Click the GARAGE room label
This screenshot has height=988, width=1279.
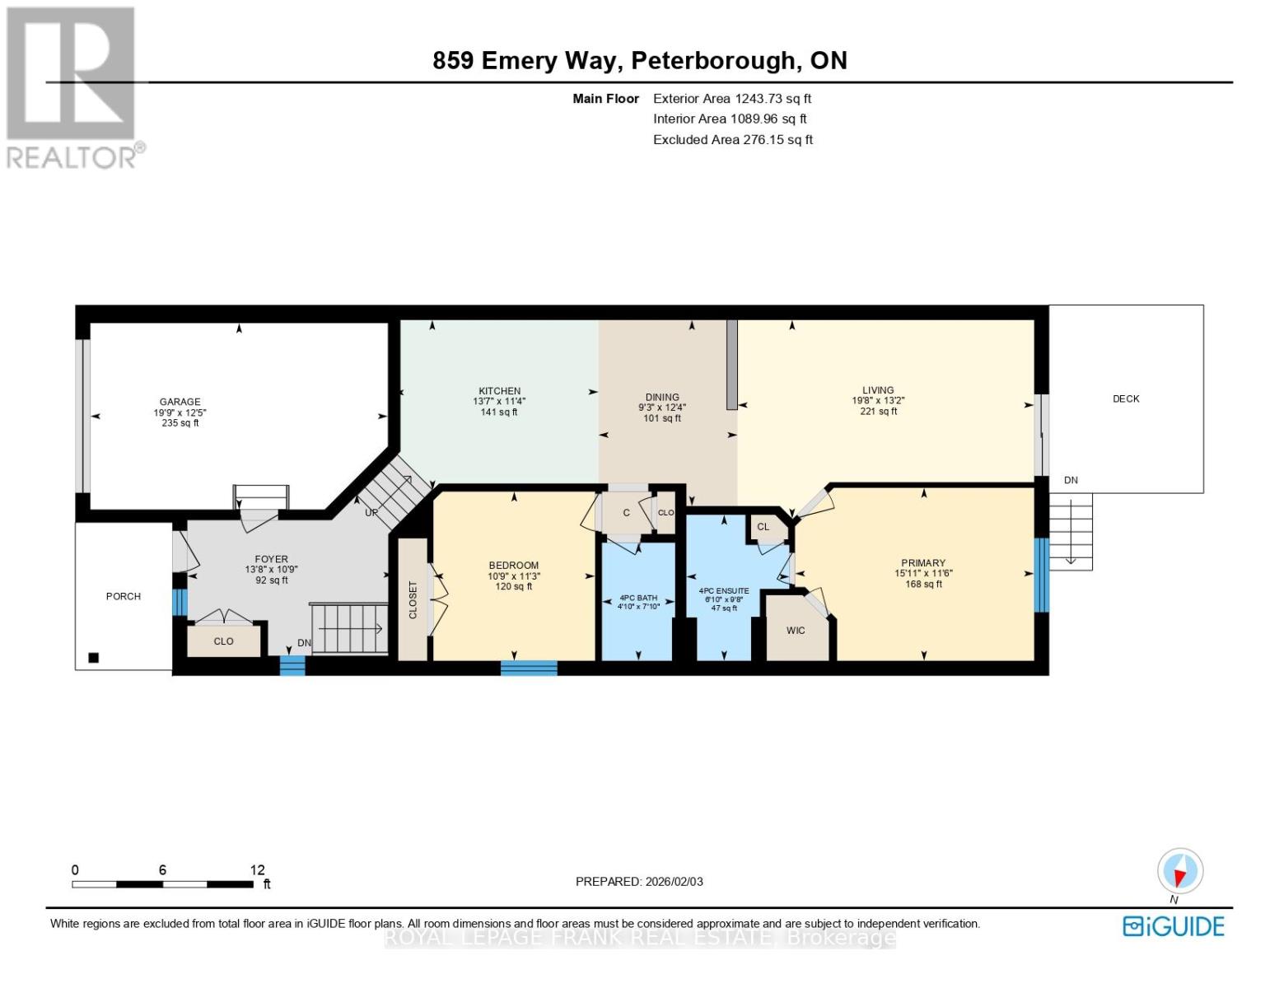[x=180, y=402]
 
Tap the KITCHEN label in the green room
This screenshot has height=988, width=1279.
[x=499, y=391]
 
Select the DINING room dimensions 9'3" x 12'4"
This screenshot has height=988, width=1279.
[x=662, y=408]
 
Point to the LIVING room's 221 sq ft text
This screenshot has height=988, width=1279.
[x=878, y=412]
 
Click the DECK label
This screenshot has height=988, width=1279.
[x=1125, y=398]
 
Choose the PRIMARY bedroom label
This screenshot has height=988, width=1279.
[x=922, y=563]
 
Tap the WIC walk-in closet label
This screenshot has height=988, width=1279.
[x=795, y=631]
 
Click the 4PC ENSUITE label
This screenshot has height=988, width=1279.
[x=723, y=591]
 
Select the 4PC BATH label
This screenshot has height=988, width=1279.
[x=638, y=598]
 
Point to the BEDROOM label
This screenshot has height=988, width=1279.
[x=513, y=565]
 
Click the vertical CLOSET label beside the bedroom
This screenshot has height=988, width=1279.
[x=413, y=599]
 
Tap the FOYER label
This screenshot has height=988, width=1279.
[x=271, y=559]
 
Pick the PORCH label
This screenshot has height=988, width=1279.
[x=124, y=596]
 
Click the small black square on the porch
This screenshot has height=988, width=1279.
[x=94, y=658]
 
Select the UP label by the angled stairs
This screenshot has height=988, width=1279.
[x=371, y=512]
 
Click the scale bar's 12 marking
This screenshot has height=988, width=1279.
[x=258, y=870]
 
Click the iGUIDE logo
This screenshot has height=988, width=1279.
[x=1174, y=926]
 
